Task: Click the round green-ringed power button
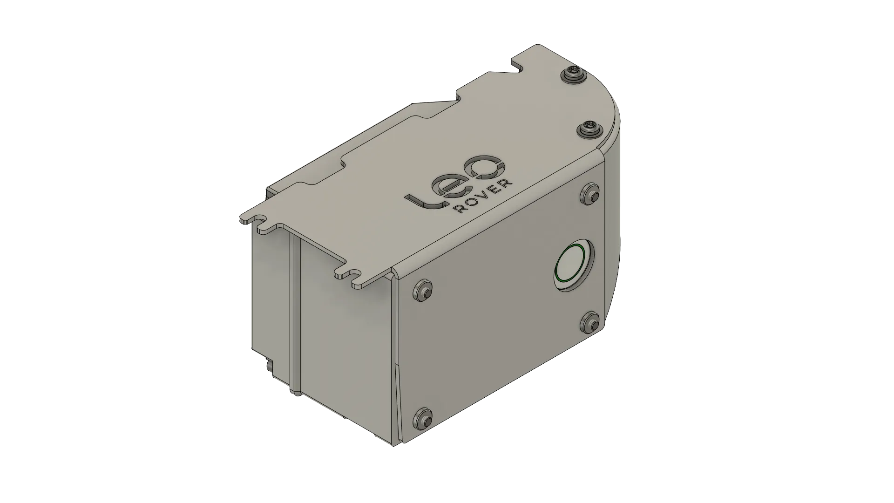click(574, 266)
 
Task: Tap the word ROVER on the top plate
click(484, 197)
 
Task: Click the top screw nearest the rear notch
click(572, 75)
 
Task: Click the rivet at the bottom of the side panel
click(423, 417)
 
